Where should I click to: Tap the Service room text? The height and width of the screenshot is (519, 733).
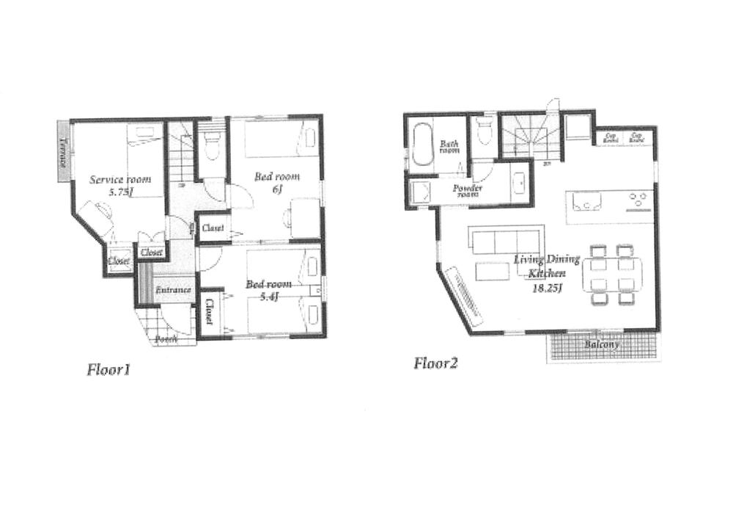[120, 178]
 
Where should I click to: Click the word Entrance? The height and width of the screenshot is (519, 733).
[173, 290]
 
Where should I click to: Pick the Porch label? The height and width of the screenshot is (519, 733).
[167, 340]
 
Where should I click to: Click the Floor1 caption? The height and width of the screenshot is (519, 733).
[108, 369]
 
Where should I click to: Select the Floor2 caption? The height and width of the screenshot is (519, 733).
[435, 363]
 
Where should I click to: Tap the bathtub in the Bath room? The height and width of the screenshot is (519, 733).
[422, 145]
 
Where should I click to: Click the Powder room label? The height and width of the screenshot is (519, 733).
[468, 191]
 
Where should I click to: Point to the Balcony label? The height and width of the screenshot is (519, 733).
[602, 344]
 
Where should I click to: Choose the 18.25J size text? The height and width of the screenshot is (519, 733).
[548, 288]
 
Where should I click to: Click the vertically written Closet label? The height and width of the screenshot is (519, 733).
[209, 312]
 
